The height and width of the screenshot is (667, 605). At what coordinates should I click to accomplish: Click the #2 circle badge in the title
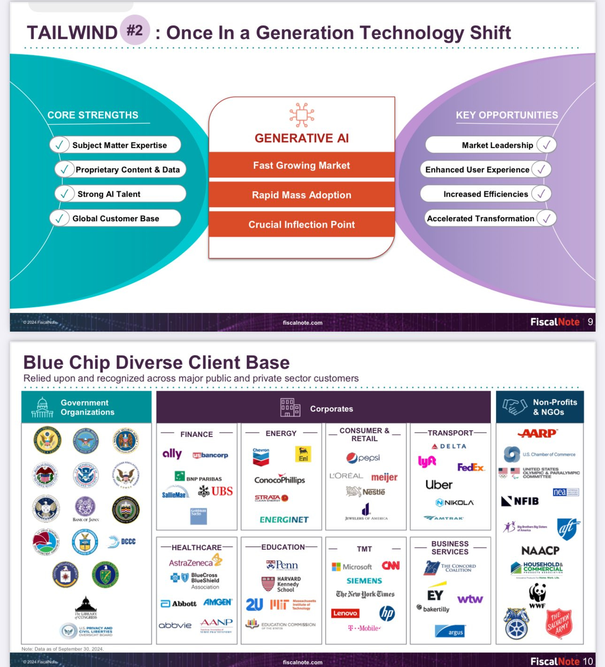point(135,31)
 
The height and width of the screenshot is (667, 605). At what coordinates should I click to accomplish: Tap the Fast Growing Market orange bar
point(301,165)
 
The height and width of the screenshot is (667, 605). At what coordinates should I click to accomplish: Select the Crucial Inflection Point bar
point(301,225)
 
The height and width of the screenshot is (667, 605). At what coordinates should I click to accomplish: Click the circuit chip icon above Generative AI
point(301,115)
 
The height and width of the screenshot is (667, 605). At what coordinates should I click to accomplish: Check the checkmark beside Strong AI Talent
point(65,194)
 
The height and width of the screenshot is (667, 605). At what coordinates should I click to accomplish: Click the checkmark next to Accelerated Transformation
point(546,218)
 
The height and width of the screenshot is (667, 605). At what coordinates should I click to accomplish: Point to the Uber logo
point(439,484)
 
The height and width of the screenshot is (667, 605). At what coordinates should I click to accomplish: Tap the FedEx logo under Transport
point(471,467)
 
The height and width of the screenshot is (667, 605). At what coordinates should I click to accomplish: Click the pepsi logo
point(363,458)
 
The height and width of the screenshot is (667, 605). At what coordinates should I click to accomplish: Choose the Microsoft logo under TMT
point(352,566)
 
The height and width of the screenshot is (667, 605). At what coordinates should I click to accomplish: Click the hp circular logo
point(387,613)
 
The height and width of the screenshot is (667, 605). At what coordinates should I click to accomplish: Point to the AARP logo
point(538,433)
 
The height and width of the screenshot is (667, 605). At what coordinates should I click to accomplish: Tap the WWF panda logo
point(537,594)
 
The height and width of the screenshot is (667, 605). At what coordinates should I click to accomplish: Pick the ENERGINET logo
point(284,520)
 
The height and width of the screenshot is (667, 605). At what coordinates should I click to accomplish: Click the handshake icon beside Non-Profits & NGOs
point(514,406)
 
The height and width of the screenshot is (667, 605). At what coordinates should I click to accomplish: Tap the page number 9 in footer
point(590,322)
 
